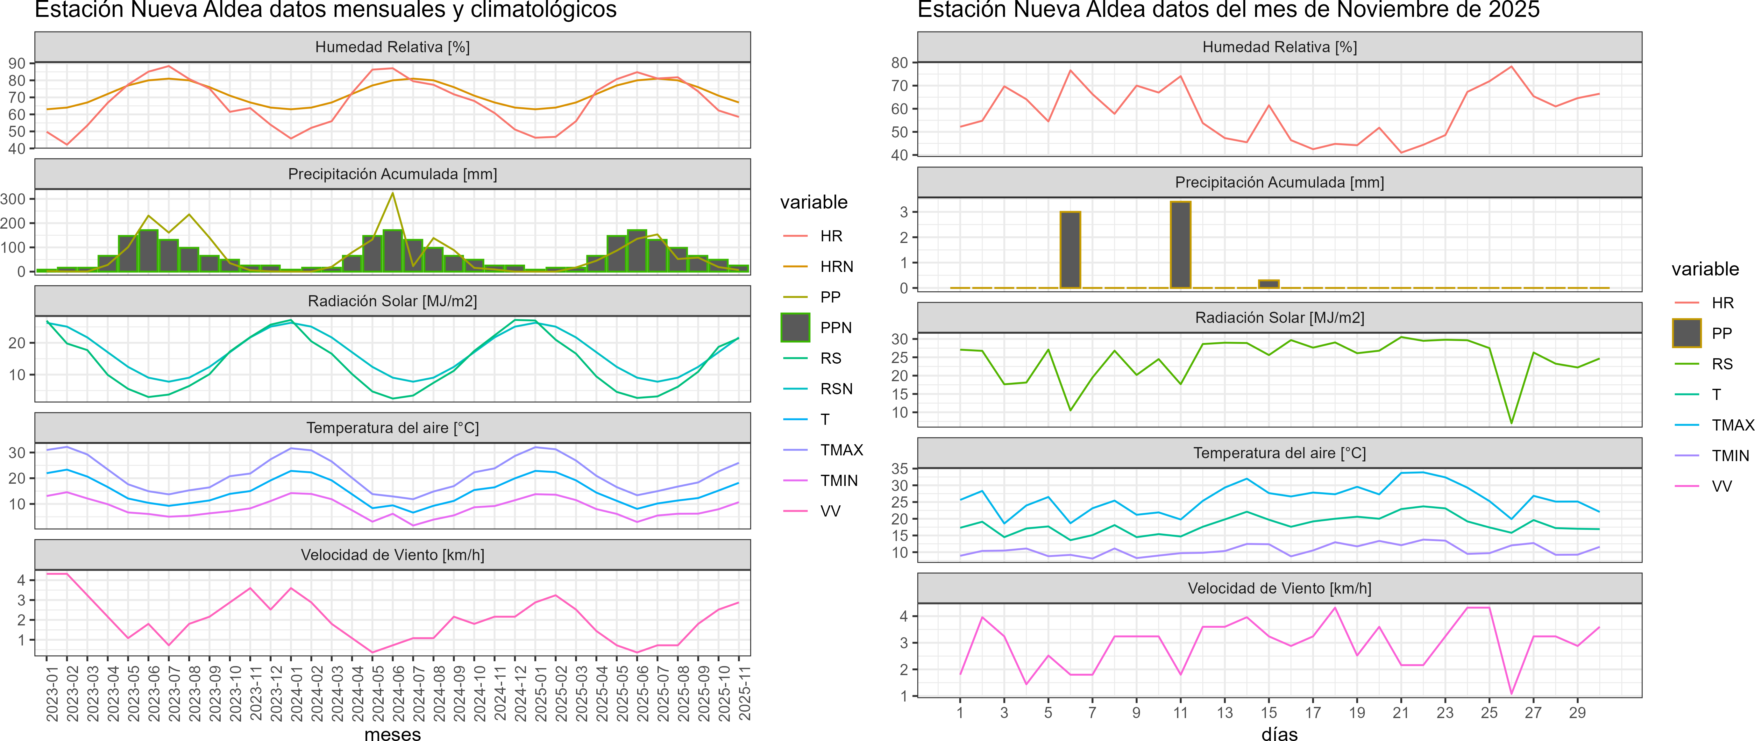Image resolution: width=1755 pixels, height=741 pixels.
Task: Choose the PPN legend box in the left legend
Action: tap(795, 328)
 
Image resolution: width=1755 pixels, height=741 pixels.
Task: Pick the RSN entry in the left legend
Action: tap(836, 389)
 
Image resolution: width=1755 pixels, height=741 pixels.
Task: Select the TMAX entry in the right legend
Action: tap(1732, 425)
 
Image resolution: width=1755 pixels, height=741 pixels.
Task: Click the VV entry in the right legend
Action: tap(1722, 486)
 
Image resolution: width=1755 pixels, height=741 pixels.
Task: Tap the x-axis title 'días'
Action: tap(1279, 733)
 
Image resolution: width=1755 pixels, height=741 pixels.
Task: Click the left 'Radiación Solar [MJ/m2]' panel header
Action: tap(392, 301)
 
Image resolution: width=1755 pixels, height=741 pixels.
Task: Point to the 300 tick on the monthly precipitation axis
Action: tap(13, 199)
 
